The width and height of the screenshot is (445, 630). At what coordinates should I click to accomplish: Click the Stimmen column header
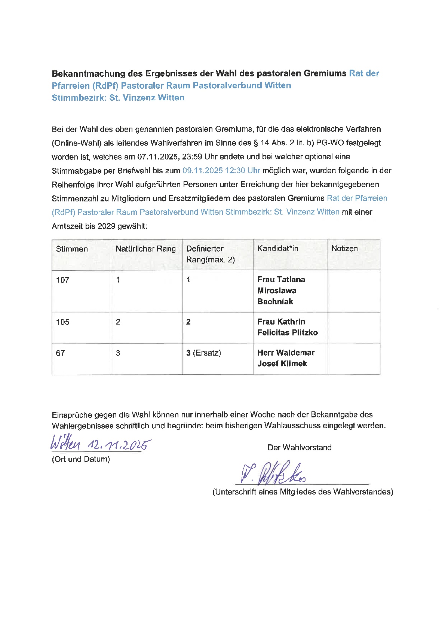(72, 249)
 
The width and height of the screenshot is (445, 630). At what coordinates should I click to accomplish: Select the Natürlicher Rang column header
(145, 249)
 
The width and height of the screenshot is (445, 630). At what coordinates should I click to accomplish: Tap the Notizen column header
(344, 249)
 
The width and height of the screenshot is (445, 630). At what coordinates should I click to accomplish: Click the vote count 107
(63, 280)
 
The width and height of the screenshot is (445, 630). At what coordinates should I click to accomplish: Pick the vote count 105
(63, 322)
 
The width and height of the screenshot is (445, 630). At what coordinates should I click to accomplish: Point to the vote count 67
(60, 353)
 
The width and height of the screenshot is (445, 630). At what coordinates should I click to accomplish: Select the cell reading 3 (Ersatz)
(203, 353)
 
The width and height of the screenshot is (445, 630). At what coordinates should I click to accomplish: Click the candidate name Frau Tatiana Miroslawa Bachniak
(281, 290)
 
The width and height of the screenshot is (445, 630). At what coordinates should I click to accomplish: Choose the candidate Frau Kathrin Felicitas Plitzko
(288, 327)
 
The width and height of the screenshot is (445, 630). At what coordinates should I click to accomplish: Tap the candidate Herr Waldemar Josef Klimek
(286, 358)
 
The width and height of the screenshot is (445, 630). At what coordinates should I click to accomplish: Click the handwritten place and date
(100, 444)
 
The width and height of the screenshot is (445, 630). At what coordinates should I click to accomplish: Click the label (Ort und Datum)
(81, 459)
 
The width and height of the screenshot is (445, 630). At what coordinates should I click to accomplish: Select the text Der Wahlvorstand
(300, 448)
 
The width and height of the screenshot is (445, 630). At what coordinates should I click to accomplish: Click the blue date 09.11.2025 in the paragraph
(202, 171)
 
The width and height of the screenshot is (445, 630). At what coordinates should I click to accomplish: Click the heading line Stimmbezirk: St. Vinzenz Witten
(118, 98)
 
